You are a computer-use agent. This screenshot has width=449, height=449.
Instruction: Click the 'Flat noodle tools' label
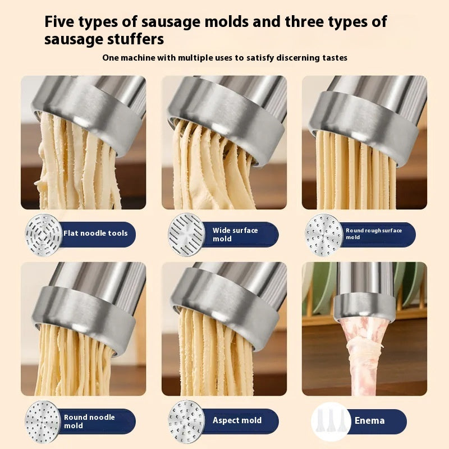click(x=95, y=233)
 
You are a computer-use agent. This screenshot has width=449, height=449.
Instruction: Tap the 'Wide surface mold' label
click(x=235, y=235)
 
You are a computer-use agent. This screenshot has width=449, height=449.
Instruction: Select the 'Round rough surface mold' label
click(x=374, y=233)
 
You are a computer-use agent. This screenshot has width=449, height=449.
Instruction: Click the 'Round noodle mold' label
click(x=89, y=421)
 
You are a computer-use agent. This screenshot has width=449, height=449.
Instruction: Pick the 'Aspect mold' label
click(x=237, y=420)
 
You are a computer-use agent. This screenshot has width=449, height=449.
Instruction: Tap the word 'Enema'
click(x=370, y=420)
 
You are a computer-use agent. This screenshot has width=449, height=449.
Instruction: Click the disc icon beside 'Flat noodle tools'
click(x=43, y=234)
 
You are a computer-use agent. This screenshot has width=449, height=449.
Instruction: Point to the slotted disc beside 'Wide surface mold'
click(x=186, y=235)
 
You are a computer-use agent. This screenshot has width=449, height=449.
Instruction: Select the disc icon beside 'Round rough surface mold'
click(x=324, y=233)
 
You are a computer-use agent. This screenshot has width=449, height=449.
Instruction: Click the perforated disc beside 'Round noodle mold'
click(x=43, y=421)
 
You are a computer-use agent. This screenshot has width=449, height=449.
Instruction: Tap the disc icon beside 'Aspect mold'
click(x=186, y=420)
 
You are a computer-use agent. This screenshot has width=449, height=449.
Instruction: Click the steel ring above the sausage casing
click(x=364, y=305)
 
